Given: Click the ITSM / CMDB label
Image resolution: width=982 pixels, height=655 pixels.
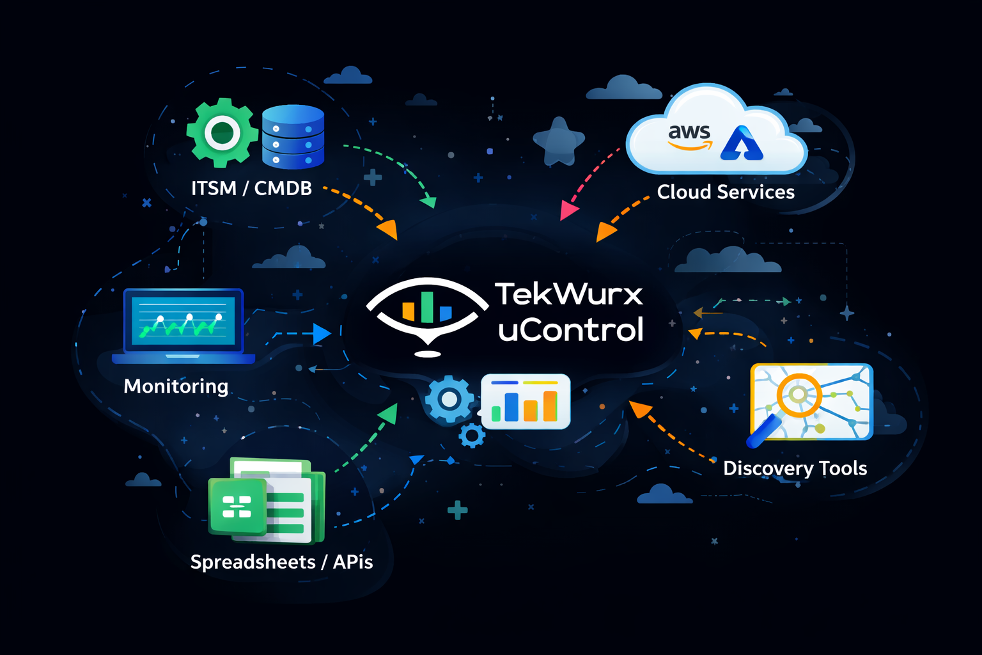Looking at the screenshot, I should (x=251, y=188).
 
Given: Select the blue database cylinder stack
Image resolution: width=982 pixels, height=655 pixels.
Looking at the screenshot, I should (x=293, y=137).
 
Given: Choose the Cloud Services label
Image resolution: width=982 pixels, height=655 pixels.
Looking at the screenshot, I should (x=726, y=192).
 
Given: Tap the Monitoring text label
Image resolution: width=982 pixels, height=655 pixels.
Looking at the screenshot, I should (x=176, y=386).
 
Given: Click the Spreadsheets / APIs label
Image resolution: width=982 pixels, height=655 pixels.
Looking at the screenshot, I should (x=281, y=562).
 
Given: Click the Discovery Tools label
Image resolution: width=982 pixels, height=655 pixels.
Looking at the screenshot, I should (x=795, y=468).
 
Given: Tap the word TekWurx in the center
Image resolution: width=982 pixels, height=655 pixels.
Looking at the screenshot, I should (x=568, y=294).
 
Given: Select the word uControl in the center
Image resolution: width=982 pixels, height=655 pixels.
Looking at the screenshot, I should (x=570, y=330).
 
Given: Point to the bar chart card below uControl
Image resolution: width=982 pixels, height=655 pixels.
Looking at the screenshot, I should (x=526, y=402).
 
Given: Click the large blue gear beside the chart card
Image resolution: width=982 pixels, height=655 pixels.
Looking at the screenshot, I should (x=449, y=400).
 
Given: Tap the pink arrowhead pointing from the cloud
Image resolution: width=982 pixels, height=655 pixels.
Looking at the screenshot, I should (x=568, y=211).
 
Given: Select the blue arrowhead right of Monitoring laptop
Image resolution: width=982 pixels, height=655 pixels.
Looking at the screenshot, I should (x=322, y=333).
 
